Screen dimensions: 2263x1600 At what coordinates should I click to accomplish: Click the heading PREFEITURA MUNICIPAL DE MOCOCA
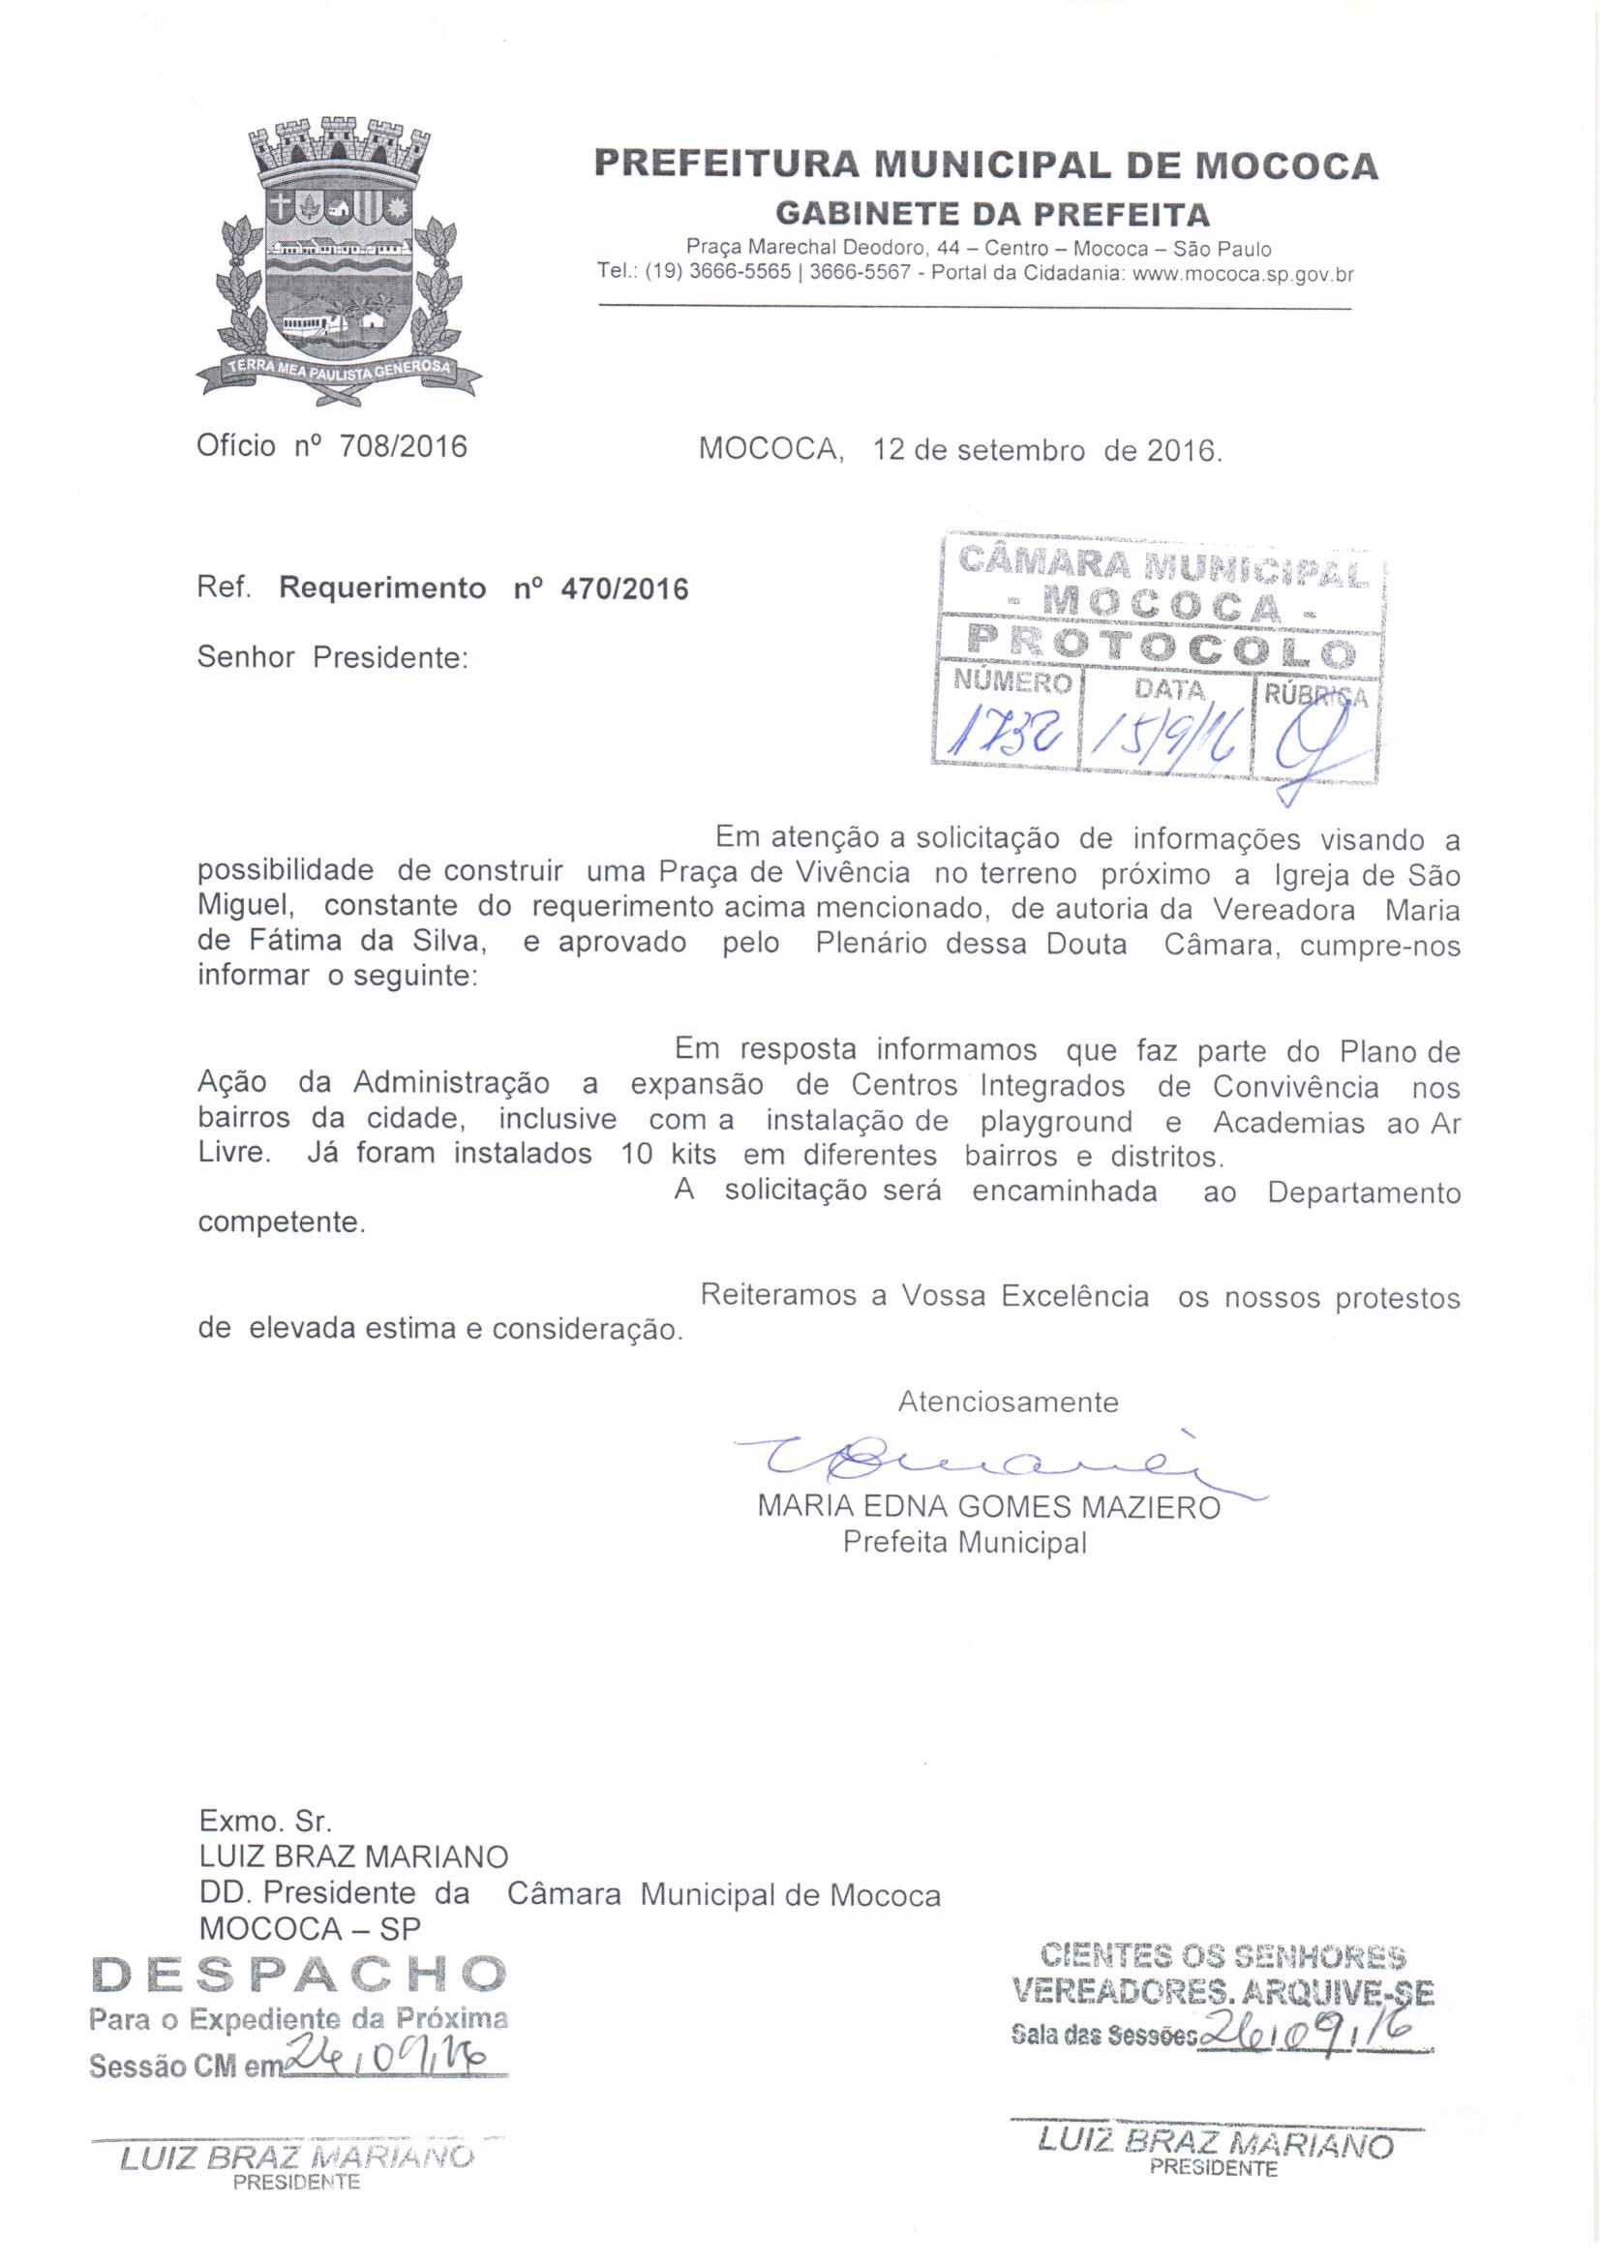(x=984, y=165)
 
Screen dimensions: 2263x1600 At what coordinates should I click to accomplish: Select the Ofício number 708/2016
(x=403, y=446)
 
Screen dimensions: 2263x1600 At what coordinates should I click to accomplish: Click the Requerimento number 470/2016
(x=624, y=588)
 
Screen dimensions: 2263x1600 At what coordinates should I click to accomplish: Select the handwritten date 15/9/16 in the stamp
(x=1166, y=737)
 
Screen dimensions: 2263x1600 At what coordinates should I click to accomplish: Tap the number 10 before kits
(x=637, y=1154)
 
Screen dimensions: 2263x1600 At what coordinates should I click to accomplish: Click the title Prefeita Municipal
(x=964, y=1543)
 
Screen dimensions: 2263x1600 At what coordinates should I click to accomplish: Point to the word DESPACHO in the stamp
(x=299, y=1975)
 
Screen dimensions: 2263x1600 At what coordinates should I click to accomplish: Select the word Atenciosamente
(x=1008, y=1402)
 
